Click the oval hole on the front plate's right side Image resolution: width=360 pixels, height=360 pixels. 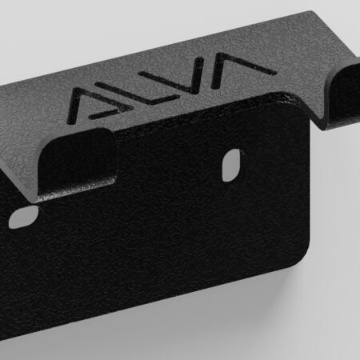pos(231,166)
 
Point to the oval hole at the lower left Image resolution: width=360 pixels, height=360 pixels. pos(23,217)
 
